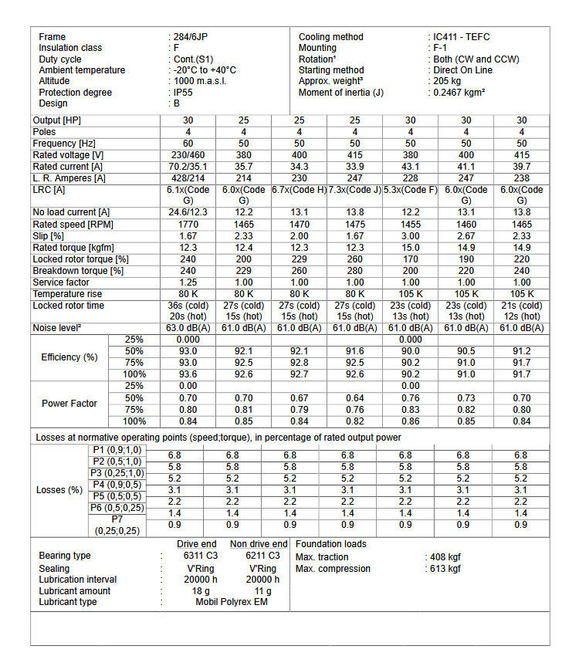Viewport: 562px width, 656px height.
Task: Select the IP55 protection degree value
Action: pos(183,93)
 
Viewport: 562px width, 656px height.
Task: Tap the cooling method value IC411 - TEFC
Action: pos(461,37)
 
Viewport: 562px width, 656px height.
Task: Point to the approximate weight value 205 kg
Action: pos(448,81)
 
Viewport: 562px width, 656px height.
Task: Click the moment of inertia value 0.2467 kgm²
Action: pos(459,93)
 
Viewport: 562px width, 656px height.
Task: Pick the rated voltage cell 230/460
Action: pos(188,155)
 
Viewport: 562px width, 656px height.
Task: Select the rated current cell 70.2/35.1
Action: pos(188,166)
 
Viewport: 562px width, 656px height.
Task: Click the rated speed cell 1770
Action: pos(188,225)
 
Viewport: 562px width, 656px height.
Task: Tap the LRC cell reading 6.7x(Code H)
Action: pos(299,190)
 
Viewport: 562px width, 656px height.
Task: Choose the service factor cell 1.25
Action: pos(188,282)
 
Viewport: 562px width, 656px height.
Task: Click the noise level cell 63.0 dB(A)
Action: pos(188,328)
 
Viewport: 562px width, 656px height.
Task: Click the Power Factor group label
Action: pos(69,404)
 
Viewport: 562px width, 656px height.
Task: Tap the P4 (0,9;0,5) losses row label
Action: pos(117,484)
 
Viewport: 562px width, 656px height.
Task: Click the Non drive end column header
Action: pos(259,544)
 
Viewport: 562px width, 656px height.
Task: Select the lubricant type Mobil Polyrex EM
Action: pos(232,602)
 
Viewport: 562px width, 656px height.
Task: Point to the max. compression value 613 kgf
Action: pos(445,569)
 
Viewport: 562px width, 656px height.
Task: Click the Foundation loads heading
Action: pos(330,544)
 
